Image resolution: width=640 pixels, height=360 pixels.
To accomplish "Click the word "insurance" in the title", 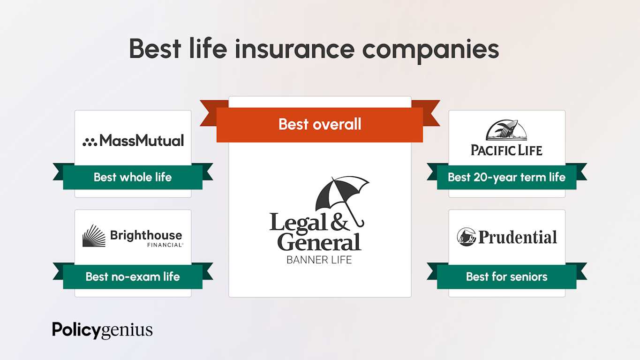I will pos(294,49).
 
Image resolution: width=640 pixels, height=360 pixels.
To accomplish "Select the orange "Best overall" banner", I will pos(320,124).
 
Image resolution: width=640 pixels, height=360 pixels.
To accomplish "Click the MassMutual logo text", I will pos(142,140).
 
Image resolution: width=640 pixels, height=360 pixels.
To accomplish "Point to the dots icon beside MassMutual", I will pos(90,142).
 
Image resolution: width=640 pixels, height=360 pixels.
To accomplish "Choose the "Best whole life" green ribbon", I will pos(133,177).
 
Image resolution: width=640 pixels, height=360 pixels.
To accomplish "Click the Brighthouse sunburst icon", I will pos(94,235).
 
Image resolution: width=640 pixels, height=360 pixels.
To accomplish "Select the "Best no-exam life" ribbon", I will pos(133,277).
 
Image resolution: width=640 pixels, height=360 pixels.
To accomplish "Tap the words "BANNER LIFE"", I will pos(319,259).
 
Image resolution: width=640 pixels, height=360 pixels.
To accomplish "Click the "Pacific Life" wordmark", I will pos(506,150).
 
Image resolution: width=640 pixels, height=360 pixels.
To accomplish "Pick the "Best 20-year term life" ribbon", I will pos(506,177).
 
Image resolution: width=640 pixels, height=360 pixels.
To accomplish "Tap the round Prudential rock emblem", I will pos(467,237).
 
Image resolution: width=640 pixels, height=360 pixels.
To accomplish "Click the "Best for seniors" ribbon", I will pos(506,277).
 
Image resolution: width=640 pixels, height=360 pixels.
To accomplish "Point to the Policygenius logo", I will pos(102,330).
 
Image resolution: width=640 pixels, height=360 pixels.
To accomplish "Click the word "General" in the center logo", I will pos(319,242).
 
